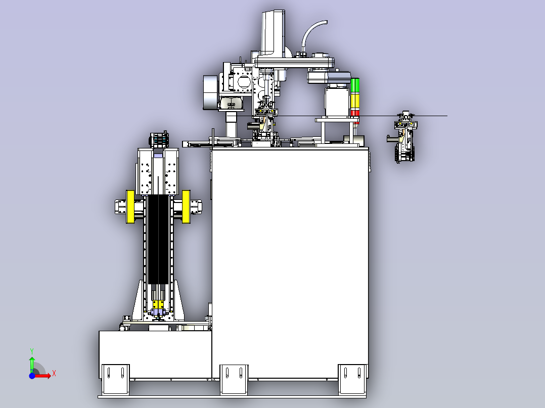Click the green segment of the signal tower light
click(355, 85)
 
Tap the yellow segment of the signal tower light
click(355, 101)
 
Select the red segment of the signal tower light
click(355, 113)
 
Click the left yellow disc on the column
click(130, 207)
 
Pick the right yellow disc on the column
click(186, 207)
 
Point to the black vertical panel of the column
click(158, 239)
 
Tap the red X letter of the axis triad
click(54, 374)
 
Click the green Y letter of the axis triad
click(32, 351)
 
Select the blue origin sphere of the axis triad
click(32, 376)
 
